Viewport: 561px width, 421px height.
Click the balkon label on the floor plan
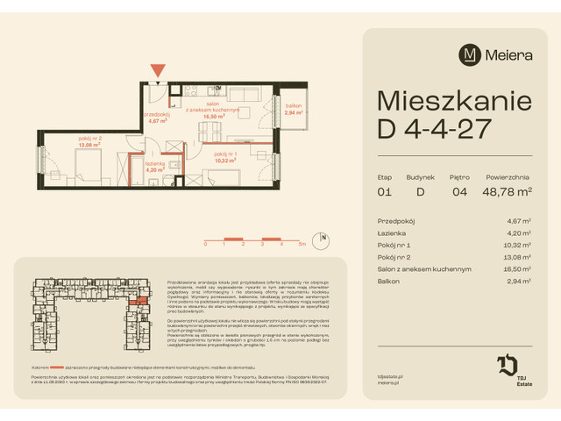pyautogui.click(x=293, y=110)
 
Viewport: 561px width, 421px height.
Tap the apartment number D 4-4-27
pyautogui.click(x=433, y=130)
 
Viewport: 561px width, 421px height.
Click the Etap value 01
pyautogui.click(x=383, y=190)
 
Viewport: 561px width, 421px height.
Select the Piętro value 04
pyautogui.click(x=461, y=190)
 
